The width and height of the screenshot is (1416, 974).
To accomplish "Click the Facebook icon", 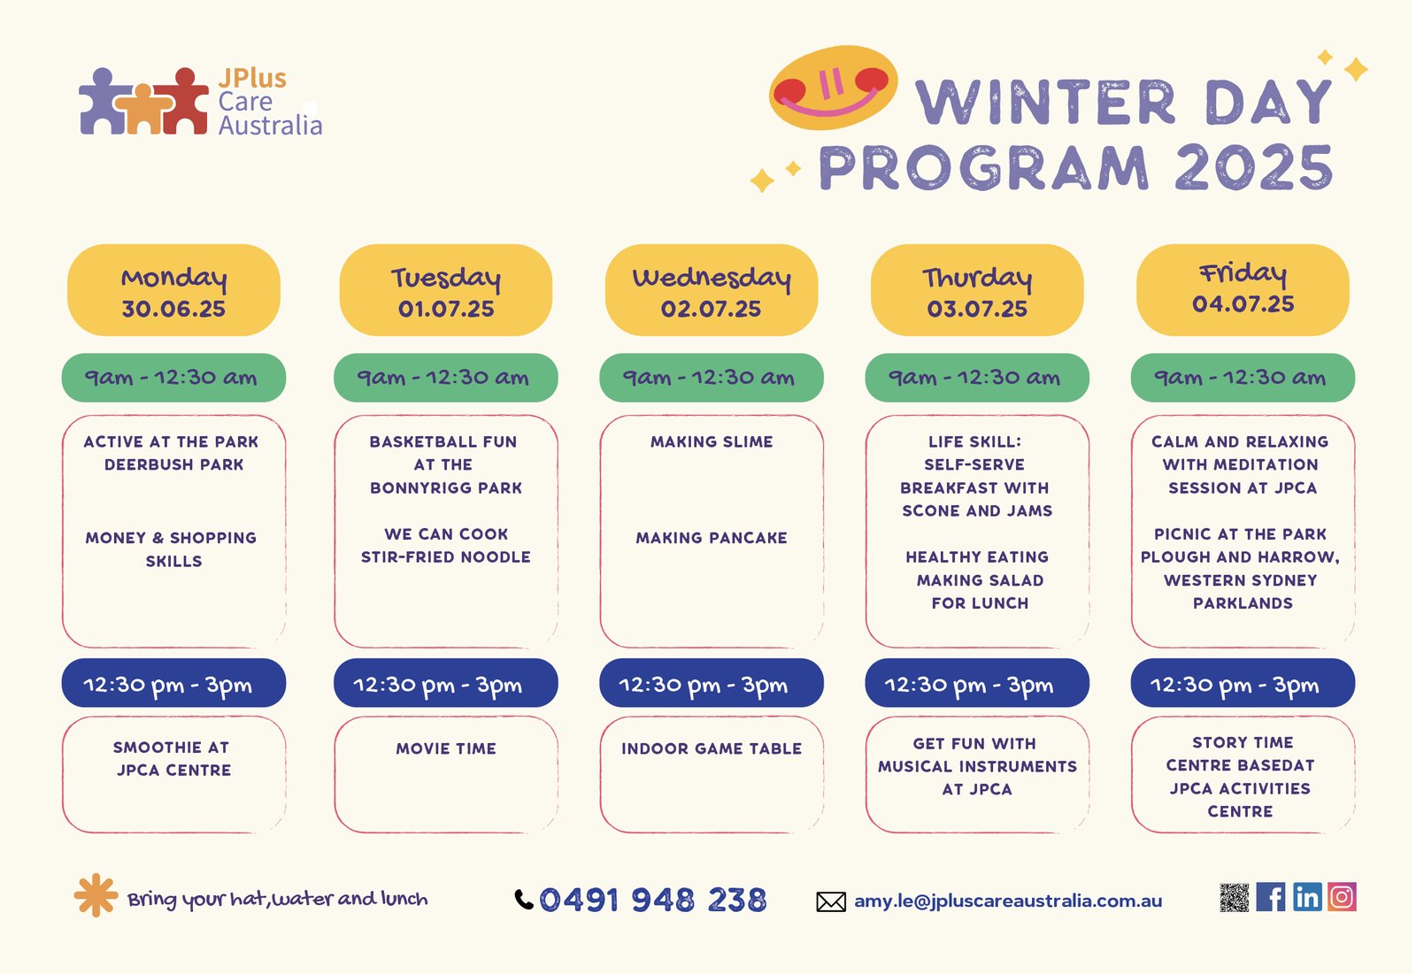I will pos(1270,897).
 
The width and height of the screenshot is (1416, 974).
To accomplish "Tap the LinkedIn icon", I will pos(1306,897).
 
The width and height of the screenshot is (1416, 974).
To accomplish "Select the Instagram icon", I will pos(1342,897).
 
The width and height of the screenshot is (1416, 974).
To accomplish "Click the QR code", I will pos(1235,897).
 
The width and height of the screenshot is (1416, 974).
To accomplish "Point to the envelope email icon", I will pos(830,901).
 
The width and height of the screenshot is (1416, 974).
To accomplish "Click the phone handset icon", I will pos(524,900).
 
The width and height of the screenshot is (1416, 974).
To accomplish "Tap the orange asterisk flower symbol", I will pos(96,895).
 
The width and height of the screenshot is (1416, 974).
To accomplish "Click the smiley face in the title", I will pos(832,88).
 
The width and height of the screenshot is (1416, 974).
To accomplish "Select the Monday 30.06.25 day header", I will pos(173,290).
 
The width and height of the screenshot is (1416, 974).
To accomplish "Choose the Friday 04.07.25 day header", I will pos(1243,290).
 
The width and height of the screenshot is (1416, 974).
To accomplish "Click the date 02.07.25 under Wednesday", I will pos(711,309).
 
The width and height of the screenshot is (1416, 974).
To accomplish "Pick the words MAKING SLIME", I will pos(712,441).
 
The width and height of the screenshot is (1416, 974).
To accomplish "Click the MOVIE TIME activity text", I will pos(446,748).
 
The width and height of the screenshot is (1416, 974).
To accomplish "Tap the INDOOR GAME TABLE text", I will pos(712,748).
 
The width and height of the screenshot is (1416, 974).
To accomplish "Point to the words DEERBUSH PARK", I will pos(173,464).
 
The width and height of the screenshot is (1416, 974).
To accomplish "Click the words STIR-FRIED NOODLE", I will pos(446,556).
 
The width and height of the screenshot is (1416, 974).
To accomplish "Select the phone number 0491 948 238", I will pos(653,900).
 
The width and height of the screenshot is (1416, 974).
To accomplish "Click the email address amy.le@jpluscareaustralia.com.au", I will pos(1008,901).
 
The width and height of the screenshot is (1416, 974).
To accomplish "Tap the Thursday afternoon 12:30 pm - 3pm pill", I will pos(977,684).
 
